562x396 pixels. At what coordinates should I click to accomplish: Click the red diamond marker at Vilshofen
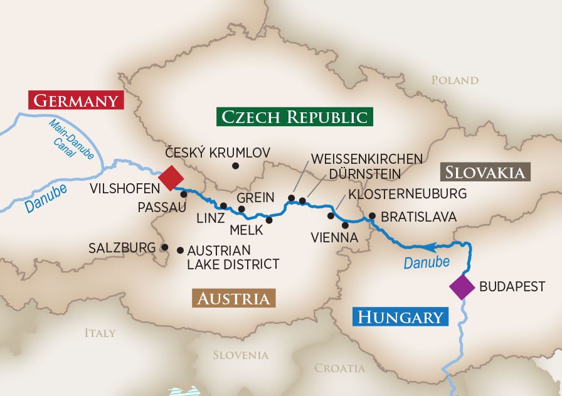coord(170,178)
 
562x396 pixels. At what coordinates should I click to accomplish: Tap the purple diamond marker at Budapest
coord(462,287)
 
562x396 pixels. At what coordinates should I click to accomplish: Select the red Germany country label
coord(75,100)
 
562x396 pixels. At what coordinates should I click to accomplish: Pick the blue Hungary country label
coord(401,317)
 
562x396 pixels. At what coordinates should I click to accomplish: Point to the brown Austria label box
coord(235,299)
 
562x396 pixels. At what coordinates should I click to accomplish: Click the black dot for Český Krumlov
coord(235,166)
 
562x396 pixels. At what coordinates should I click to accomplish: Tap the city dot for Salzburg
coord(164,247)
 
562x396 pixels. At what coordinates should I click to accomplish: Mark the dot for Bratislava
coord(372,216)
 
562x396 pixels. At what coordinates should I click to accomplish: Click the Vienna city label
coord(334,238)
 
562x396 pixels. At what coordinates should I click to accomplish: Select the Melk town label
coord(246,230)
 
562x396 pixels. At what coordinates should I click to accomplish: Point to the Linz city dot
coord(223,206)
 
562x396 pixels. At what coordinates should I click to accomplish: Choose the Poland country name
coord(455,80)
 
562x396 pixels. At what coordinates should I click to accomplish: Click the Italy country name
coord(100,333)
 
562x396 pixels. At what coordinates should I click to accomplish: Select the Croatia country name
coord(339,368)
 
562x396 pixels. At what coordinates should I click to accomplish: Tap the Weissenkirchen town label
coord(367,158)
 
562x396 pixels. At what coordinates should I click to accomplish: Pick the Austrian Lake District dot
coord(181,250)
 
